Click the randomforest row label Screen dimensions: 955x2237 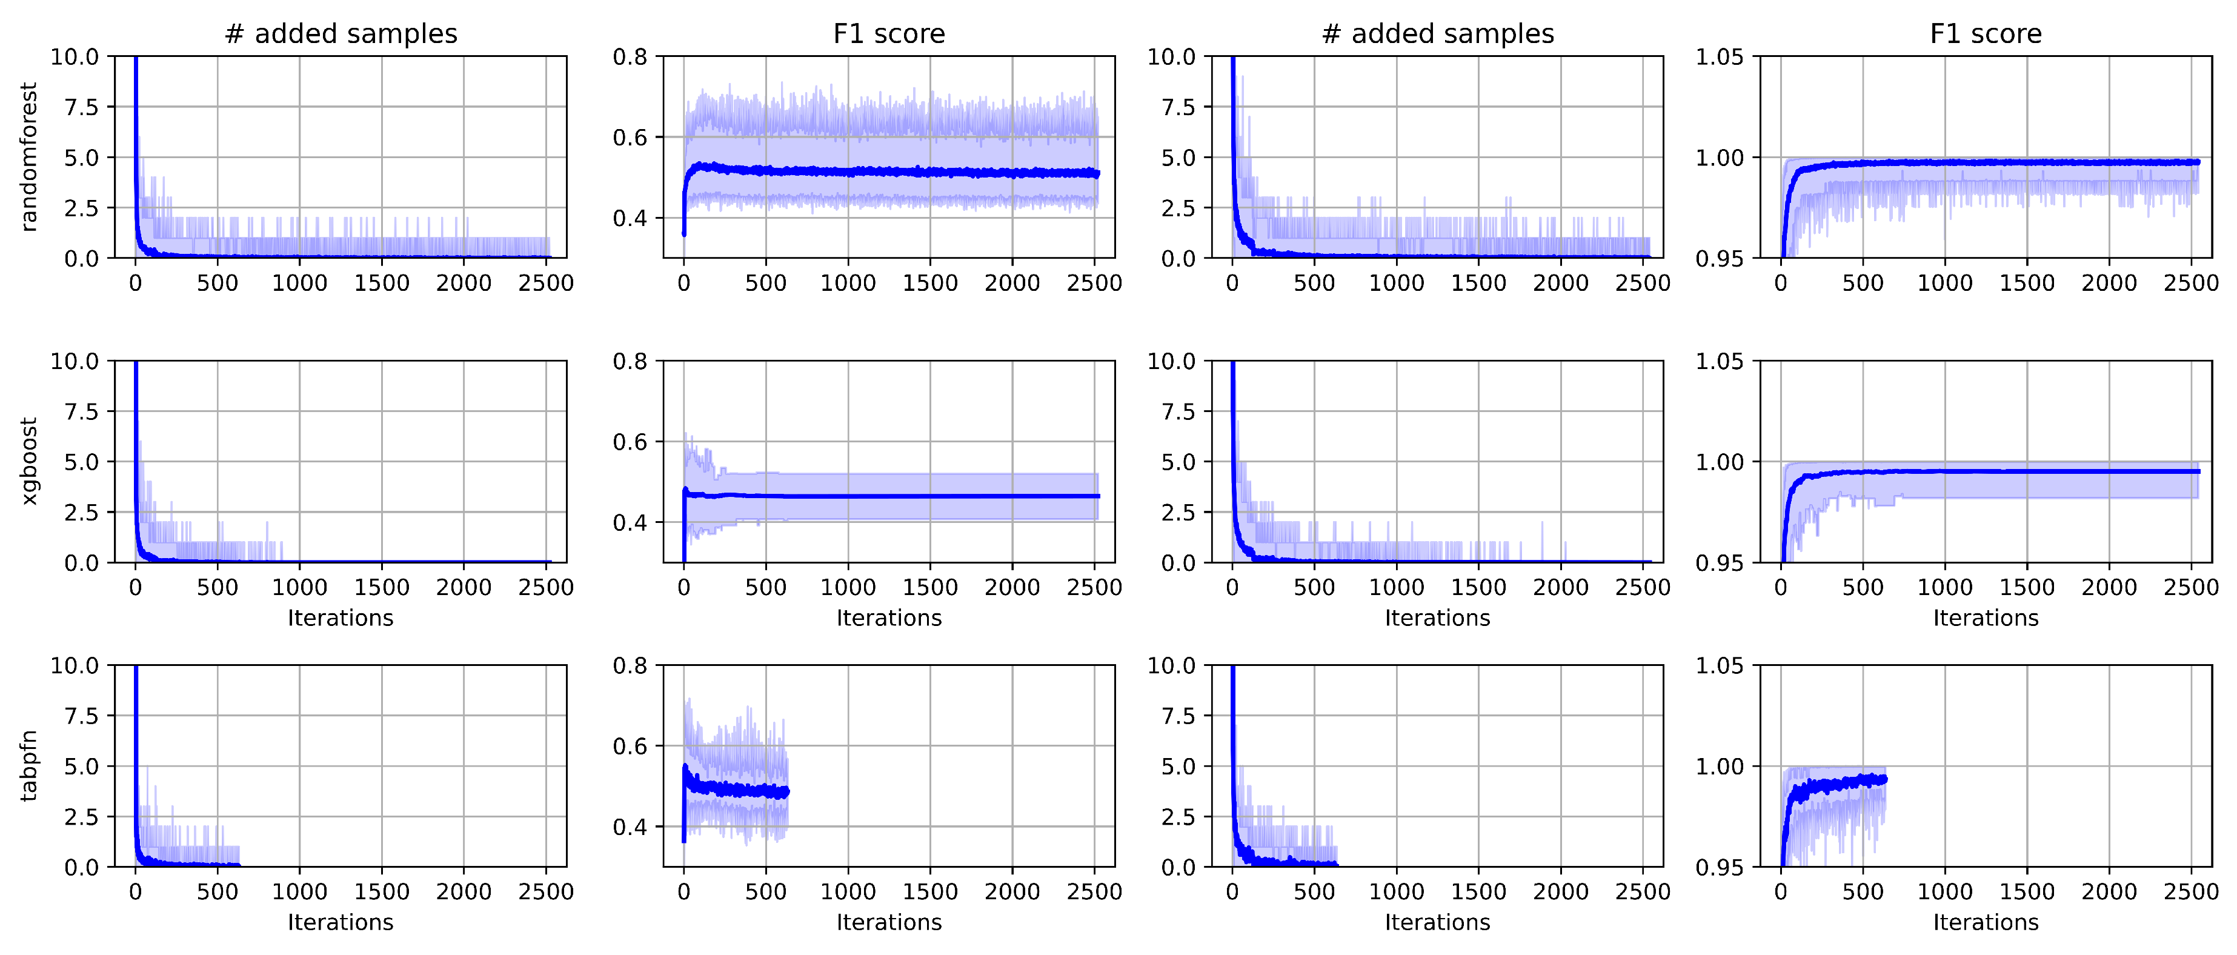point(28,157)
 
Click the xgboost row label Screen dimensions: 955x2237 point(28,461)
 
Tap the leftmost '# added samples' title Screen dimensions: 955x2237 point(341,34)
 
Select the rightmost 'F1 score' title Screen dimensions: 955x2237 point(1985,34)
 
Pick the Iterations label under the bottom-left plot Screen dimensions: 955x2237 point(341,922)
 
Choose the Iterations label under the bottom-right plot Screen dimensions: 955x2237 point(1985,922)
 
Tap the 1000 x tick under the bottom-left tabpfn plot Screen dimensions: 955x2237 point(299,891)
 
